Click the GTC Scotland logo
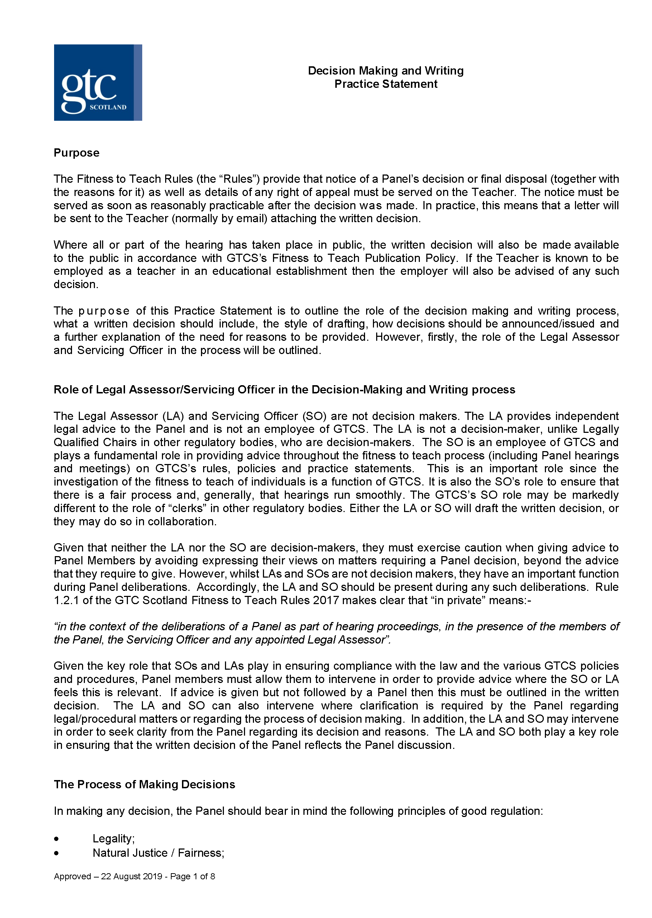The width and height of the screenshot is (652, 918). pyautogui.click(x=97, y=82)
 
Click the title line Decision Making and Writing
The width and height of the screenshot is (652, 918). pyautogui.click(x=385, y=71)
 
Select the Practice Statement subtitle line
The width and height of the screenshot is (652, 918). pyautogui.click(x=385, y=84)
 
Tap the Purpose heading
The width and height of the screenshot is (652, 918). pyautogui.click(x=76, y=153)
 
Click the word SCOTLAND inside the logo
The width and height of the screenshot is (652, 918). pyautogui.click(x=107, y=107)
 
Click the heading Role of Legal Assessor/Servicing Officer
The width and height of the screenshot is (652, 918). pyautogui.click(x=284, y=389)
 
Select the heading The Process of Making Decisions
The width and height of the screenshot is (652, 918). pyautogui.click(x=144, y=785)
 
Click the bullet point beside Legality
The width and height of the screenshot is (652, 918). pyautogui.click(x=57, y=839)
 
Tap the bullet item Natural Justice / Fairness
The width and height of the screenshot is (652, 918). pyautogui.click(x=158, y=853)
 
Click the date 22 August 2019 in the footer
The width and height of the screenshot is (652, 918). pyautogui.click(x=131, y=876)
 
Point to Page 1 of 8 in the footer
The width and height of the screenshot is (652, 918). pyautogui.click(x=192, y=876)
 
